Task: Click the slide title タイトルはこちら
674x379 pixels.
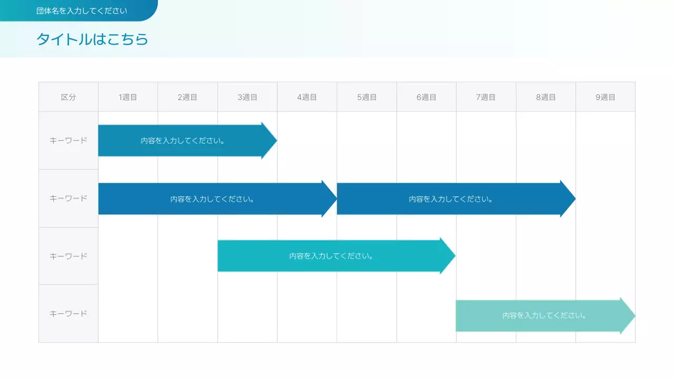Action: point(92,39)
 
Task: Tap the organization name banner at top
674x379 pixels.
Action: point(82,11)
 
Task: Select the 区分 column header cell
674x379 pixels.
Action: point(68,97)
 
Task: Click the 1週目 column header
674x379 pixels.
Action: point(128,97)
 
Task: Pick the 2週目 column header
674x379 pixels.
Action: point(187,97)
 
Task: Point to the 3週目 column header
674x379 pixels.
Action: point(247,97)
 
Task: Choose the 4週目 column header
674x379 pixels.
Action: point(307,97)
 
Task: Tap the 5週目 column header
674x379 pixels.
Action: point(367,97)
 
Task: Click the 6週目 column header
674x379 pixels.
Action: point(427,97)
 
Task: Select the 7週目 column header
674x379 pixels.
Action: point(486,97)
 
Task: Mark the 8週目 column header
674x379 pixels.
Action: point(546,97)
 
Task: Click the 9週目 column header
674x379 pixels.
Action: point(606,97)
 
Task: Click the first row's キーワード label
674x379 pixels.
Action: point(68,141)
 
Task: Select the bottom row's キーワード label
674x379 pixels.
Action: point(68,314)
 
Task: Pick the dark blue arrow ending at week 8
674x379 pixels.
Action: point(451,199)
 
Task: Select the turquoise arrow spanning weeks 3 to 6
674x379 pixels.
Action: point(331,256)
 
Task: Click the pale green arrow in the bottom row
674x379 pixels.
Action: point(542,316)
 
